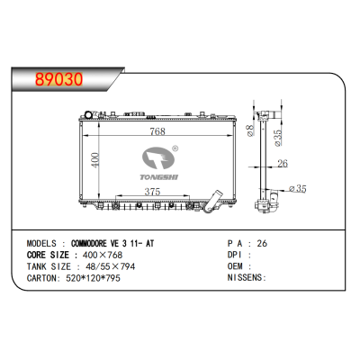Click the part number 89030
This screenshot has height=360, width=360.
tap(58, 77)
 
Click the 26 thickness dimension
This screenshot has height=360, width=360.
tap(282, 164)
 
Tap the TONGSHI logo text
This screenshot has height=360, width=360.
tap(157, 176)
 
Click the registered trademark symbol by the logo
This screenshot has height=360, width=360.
tap(175, 150)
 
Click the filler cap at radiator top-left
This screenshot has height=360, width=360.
tap(88, 114)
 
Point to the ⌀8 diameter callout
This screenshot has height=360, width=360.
tap(252, 132)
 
